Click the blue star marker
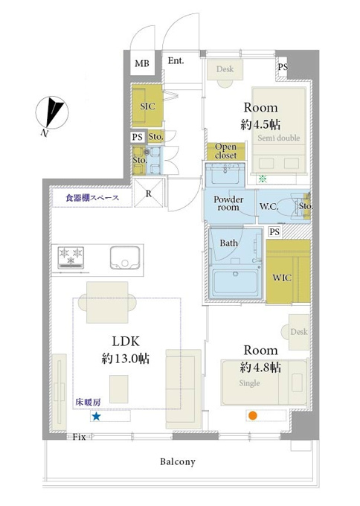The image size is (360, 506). pos(96,416)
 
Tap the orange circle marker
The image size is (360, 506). pos(253,416)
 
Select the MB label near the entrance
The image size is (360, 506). pos(142,63)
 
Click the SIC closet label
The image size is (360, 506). pos(147,106)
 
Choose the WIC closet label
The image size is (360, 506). pos(282,278)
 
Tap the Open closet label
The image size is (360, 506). pos(225,151)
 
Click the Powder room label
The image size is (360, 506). pos(228,203)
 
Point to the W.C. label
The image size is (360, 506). pos(269,207)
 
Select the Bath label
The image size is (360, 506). pos(228,243)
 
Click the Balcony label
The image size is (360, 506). pos(178,462)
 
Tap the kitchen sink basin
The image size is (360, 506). pos(125,257)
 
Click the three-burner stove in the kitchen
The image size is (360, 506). pos(71,257)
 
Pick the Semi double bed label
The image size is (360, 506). pos(279,138)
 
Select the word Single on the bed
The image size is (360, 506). pos(249,383)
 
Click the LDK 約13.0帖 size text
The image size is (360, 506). pos(126,350)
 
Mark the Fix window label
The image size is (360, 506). pos(79,437)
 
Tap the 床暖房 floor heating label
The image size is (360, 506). pos(88,402)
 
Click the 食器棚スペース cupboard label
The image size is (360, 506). pos(92,198)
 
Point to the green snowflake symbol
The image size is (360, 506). pos(263,178)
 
